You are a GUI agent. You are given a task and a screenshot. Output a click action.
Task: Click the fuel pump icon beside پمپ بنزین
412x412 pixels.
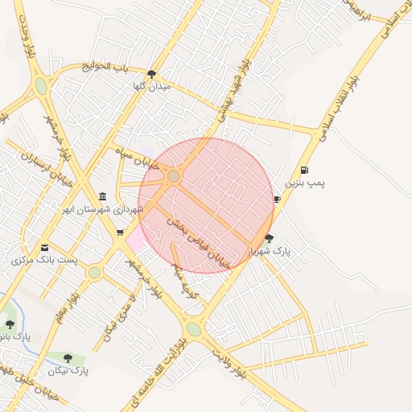click(304, 170)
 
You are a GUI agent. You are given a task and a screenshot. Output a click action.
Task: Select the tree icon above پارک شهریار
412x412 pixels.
click(269, 238)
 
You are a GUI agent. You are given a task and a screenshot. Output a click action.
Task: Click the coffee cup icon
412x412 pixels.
click(277, 199)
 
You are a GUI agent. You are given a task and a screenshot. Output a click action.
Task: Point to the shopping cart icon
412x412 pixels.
click(120, 233)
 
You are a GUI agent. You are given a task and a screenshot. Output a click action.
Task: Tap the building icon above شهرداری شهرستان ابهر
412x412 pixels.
click(102, 196)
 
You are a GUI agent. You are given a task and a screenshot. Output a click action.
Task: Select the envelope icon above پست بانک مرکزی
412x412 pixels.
click(44, 247)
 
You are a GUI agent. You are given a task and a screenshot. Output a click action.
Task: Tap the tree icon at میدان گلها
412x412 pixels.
click(151, 74)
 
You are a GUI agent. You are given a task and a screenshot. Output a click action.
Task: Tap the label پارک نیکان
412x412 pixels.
click(68, 371)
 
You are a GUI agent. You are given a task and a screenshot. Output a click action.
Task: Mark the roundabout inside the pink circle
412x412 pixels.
click(173, 176)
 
